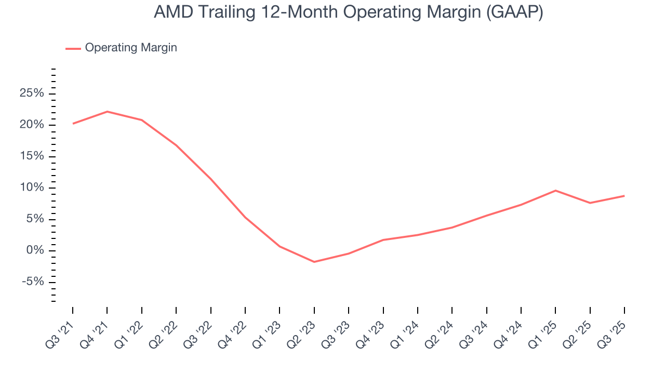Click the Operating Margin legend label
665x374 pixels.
point(131,48)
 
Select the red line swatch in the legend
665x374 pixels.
point(73,48)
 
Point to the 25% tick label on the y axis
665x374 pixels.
point(31,94)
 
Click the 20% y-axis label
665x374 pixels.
point(31,125)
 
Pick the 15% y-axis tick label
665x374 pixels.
point(31,156)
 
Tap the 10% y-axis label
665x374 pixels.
point(31,188)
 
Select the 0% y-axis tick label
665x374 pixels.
point(34,251)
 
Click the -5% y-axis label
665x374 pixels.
point(32,282)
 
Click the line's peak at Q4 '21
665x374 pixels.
point(107,111)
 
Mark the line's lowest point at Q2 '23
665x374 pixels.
point(314,262)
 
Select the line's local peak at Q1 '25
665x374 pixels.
point(555,190)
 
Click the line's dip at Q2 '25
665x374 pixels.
point(590,203)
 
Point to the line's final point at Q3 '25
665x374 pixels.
point(624,196)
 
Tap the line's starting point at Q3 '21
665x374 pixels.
point(73,124)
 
